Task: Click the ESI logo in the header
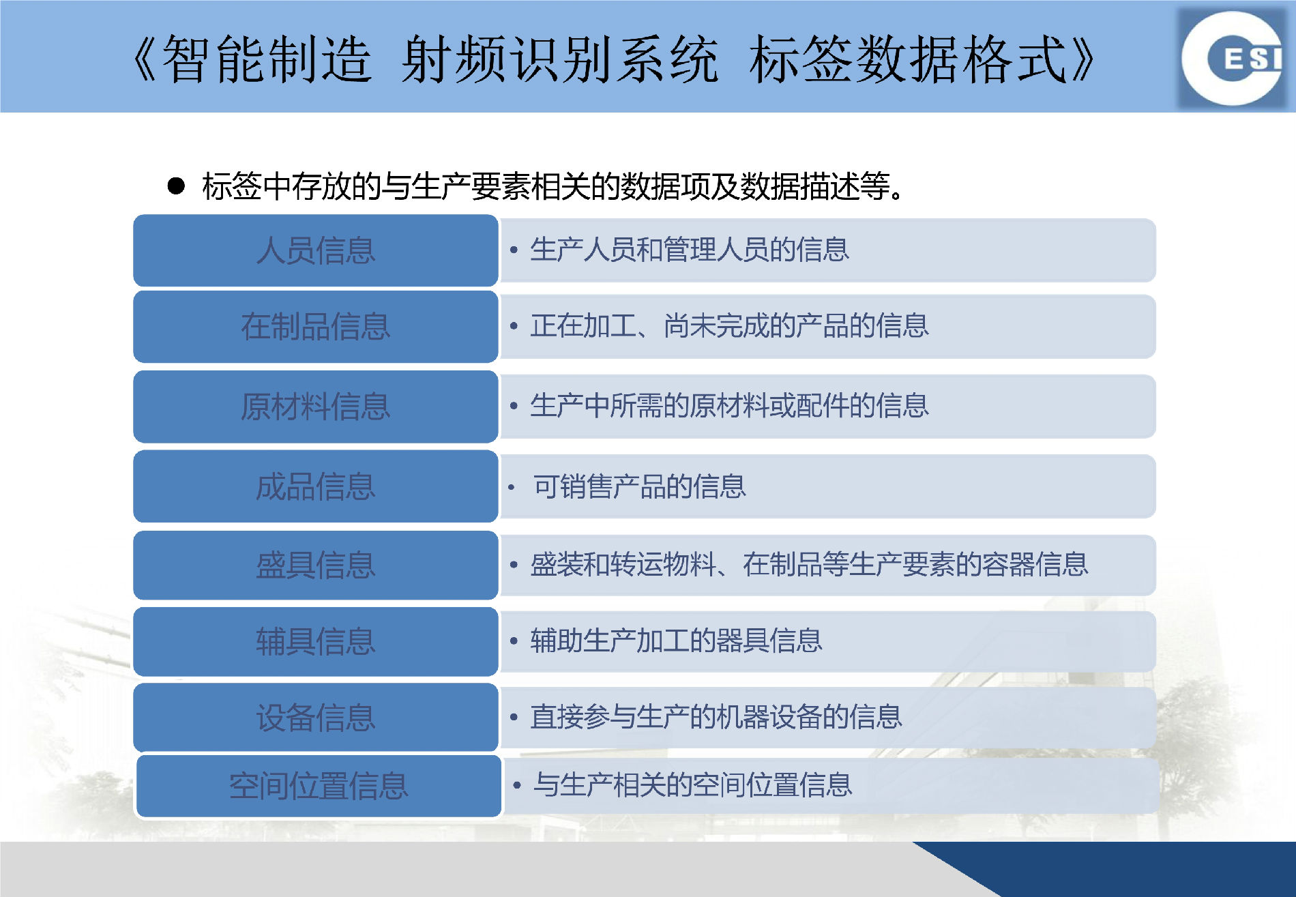click(1235, 59)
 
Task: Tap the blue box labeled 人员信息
click(316, 250)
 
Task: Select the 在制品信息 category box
click(316, 326)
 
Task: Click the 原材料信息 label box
click(316, 407)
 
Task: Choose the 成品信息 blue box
click(316, 486)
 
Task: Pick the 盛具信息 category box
click(316, 565)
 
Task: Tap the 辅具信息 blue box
click(316, 642)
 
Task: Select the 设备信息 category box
click(316, 718)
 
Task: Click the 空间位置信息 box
click(319, 786)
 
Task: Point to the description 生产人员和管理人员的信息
click(690, 250)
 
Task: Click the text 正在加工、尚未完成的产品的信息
click(729, 325)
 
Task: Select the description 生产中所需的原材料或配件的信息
click(729, 405)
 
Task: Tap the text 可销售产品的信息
click(640, 486)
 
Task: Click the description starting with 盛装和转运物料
click(809, 564)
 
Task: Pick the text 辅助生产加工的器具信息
click(676, 641)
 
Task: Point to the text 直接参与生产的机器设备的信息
click(716, 716)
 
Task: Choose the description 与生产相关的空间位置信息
click(693, 784)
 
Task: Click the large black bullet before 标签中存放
click(176, 186)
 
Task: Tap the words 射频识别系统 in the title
click(559, 59)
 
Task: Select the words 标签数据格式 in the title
click(908, 59)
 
